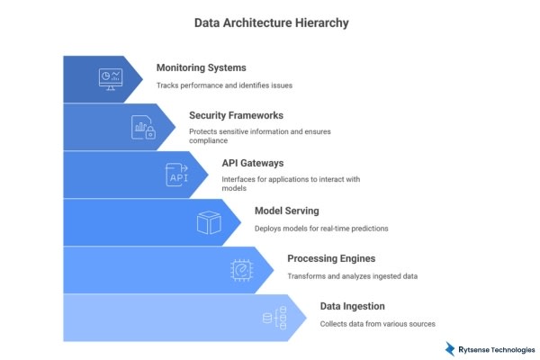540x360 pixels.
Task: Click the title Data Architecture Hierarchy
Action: [269, 21]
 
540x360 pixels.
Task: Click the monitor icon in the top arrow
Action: [111, 78]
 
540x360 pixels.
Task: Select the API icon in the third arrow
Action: [176, 174]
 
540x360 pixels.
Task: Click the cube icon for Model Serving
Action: [209, 221]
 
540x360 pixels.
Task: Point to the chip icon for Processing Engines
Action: [241, 269]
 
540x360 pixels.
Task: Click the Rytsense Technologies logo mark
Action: [450, 348]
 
